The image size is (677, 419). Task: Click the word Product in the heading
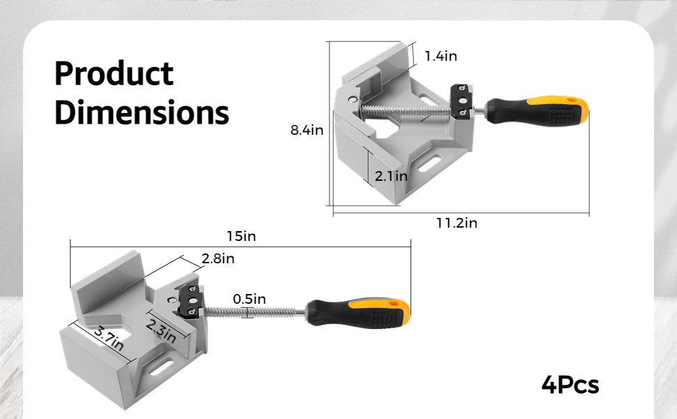[x=114, y=74]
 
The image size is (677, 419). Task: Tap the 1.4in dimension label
[x=440, y=56]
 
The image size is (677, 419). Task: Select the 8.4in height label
[x=307, y=130]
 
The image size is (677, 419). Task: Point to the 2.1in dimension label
[x=391, y=176]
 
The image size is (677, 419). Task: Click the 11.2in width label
[x=456, y=223]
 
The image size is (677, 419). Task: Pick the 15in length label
[x=241, y=236]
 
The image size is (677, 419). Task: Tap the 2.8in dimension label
[x=218, y=258]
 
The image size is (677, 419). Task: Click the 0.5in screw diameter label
[x=249, y=299]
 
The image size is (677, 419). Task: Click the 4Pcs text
[x=570, y=385]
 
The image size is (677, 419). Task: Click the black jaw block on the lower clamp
[x=191, y=302]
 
